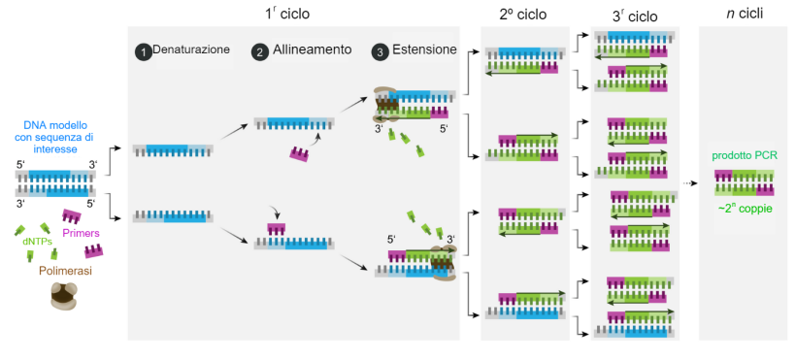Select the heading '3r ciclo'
tap(635, 16)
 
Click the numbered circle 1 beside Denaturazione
tap(143, 52)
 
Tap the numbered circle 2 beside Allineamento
tap(259, 52)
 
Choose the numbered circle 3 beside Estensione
tap(380, 52)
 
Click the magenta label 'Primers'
tap(81, 233)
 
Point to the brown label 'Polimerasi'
tap(67, 272)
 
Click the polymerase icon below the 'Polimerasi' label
tap(66, 298)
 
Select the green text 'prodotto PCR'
tap(745, 156)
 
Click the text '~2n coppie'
tap(746, 205)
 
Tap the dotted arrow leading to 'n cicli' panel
tap(691, 182)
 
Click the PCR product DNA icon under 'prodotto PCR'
tap(745, 180)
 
